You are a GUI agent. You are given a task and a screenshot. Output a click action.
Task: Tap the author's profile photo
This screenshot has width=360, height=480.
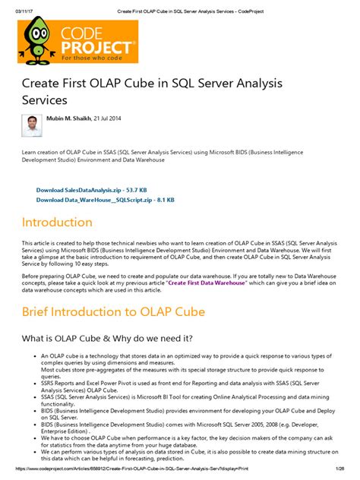[32, 125]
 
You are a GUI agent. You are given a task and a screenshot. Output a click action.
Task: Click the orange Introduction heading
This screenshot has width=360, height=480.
[57, 223]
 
